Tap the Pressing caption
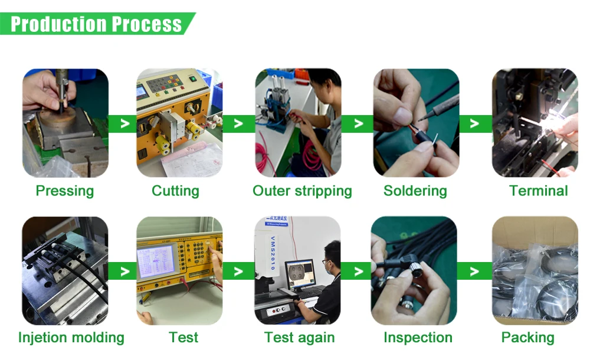(x=65, y=191)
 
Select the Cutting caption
(x=175, y=191)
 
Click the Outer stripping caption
(x=302, y=191)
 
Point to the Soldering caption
(x=415, y=191)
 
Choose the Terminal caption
(x=539, y=191)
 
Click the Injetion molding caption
(x=71, y=338)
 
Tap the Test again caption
(x=299, y=338)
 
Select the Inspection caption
(x=418, y=338)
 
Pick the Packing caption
(x=527, y=338)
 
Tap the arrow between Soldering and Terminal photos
(x=474, y=123)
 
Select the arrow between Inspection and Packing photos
(x=474, y=271)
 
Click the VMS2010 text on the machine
(x=273, y=253)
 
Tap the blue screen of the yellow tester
(x=157, y=261)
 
